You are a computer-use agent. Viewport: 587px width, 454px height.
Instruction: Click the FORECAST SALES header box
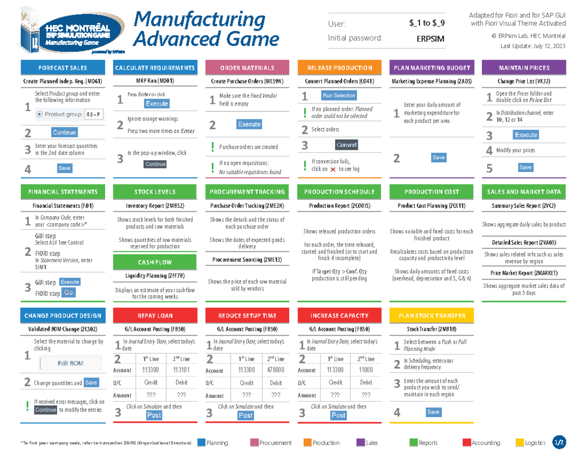click(x=63, y=68)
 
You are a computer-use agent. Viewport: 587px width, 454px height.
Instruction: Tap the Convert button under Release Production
click(x=346, y=145)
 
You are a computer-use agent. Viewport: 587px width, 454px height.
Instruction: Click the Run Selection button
click(x=339, y=96)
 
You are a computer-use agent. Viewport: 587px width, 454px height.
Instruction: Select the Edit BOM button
click(x=70, y=363)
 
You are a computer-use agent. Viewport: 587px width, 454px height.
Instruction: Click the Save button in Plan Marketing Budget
click(x=438, y=157)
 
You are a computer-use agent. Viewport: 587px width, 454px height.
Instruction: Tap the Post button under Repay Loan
click(x=154, y=415)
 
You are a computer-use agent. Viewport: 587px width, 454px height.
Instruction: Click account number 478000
click(x=276, y=370)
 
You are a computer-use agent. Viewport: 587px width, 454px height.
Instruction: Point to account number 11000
click(x=366, y=370)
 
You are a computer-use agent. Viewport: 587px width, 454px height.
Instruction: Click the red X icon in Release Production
click(x=333, y=169)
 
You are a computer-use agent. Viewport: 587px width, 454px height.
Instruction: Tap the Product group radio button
click(x=40, y=115)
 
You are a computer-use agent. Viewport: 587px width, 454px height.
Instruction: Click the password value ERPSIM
click(x=430, y=39)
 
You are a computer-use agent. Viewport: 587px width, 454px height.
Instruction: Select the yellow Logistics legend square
click(x=520, y=443)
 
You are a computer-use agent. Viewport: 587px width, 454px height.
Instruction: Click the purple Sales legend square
click(x=361, y=443)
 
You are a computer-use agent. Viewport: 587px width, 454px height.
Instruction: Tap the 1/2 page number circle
click(x=559, y=442)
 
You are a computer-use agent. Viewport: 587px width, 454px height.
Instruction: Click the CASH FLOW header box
click(x=155, y=263)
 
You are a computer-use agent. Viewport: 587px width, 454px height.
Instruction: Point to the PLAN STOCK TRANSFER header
click(x=432, y=315)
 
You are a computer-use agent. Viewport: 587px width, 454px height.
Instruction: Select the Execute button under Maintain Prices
click(x=526, y=135)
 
